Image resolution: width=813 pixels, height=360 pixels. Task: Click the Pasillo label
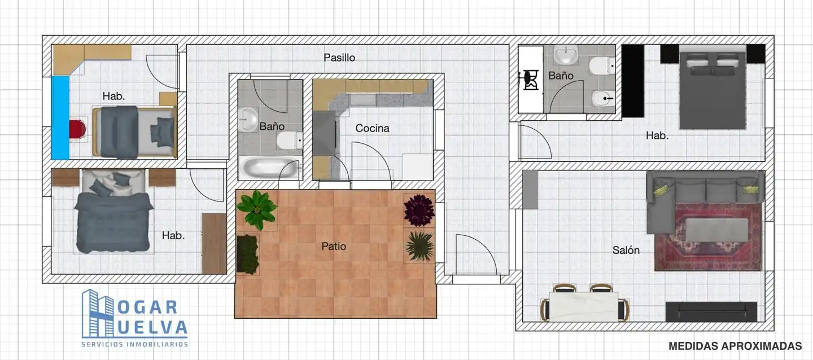pyautogui.click(x=339, y=58)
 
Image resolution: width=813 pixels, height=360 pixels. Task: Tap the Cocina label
pyautogui.click(x=372, y=128)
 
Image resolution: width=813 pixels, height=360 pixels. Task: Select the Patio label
pyautogui.click(x=334, y=247)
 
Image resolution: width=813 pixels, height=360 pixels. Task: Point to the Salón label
pyautogui.click(x=626, y=250)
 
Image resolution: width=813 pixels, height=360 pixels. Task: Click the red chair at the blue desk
pyautogui.click(x=78, y=129)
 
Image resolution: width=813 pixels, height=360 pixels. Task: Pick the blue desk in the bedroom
pyautogui.click(x=60, y=117)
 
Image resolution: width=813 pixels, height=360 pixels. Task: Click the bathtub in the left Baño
pyautogui.click(x=269, y=167)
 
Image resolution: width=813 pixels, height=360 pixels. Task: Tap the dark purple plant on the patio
pyautogui.click(x=419, y=210)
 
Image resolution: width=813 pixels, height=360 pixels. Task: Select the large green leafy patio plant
pyautogui.click(x=256, y=209)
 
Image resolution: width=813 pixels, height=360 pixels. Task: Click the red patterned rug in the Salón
pyautogui.click(x=708, y=237)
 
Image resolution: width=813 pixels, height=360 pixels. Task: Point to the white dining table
pyautogui.click(x=584, y=306)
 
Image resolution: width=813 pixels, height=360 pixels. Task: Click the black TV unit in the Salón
pyautogui.click(x=711, y=311)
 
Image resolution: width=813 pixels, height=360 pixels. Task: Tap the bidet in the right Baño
pyautogui.click(x=602, y=98)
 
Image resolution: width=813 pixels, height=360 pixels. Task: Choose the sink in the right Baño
pyautogui.click(x=566, y=55)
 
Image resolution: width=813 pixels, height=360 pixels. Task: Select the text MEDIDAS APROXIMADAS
pyautogui.click(x=735, y=346)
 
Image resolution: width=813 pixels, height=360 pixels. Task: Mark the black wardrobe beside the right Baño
pyautogui.click(x=632, y=81)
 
